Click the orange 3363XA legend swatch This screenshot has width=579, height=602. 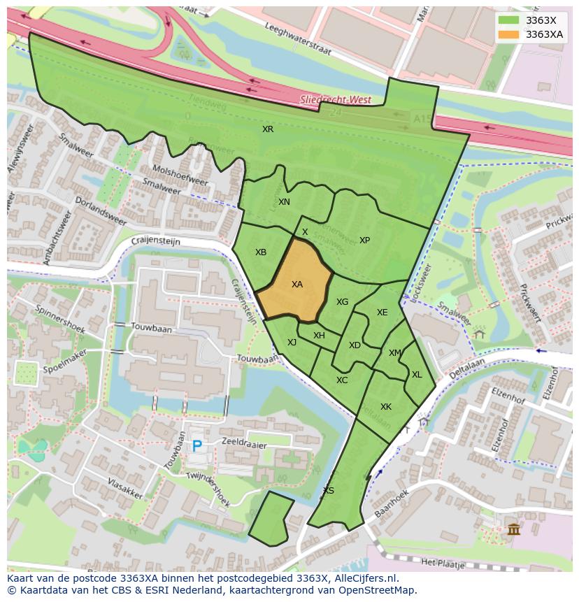tap(509, 34)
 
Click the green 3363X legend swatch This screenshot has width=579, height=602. tap(509, 20)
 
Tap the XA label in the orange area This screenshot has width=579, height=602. tap(297, 285)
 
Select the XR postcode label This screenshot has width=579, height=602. tap(268, 129)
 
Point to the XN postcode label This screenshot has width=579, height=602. tap(284, 202)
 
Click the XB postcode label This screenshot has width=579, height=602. tap(261, 252)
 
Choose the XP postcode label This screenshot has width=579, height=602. tap(364, 241)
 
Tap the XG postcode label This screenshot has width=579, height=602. tap(342, 302)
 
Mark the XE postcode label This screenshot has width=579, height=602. tap(382, 313)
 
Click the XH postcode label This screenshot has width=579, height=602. tap(319, 336)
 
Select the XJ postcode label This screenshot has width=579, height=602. tap(292, 342)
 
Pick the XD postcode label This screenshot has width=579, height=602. tap(355, 345)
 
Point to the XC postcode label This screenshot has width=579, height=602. tap(342, 380)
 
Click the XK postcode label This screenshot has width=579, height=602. tap(386, 407)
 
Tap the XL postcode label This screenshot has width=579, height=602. tap(417, 375)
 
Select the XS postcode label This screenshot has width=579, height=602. tap(328, 490)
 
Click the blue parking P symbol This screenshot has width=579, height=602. tap(197, 445)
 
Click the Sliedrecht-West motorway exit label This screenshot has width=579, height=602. tap(336, 100)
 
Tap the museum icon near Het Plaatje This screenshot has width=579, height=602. tap(514, 529)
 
